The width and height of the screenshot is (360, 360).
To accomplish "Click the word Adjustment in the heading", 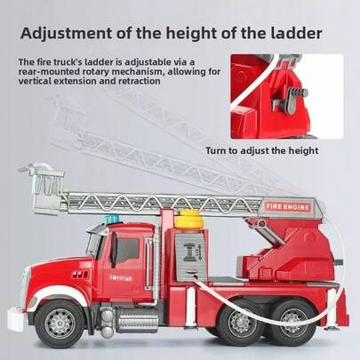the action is [x=66, y=33].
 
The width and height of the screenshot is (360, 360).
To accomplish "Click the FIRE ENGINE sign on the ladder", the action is [x=288, y=207].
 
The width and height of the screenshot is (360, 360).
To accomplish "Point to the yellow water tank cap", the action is [x=188, y=219].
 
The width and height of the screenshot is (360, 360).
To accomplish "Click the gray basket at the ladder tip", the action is [x=47, y=188].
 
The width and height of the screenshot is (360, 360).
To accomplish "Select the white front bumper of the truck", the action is [x=15, y=318].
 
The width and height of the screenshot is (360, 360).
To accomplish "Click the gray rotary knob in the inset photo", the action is [x=291, y=99].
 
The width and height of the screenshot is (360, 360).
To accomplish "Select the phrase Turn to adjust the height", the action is [x=262, y=150].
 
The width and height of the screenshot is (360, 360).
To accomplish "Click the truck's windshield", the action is [x=92, y=243].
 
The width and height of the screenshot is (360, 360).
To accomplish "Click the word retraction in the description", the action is [x=140, y=81].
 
